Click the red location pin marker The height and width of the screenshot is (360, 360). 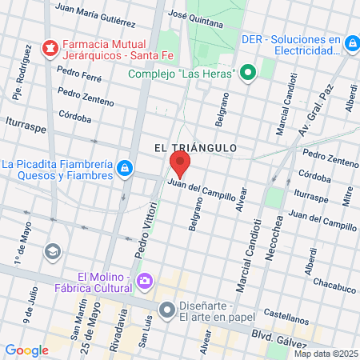[x=179, y=166]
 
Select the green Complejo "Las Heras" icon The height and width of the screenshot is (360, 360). [x=248, y=74]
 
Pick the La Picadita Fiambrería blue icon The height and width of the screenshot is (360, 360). [x=125, y=167]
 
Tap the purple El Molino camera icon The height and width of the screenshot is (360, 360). [x=145, y=280]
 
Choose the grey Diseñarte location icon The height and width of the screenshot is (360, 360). [x=166, y=309]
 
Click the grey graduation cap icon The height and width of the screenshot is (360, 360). [x=54, y=252]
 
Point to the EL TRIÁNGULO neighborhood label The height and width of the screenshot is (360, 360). [x=194, y=147]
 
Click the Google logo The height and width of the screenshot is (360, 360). [x=27, y=350]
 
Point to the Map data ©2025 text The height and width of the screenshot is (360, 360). [x=326, y=354]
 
